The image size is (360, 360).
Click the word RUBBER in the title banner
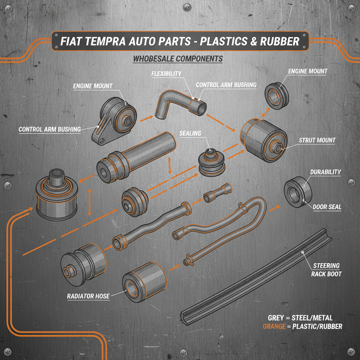pos(279,41)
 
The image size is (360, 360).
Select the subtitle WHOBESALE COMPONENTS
pos(178,58)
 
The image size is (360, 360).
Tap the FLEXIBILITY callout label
pos(166,73)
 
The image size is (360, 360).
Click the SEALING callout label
pos(190,133)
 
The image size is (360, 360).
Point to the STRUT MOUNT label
pos(317,140)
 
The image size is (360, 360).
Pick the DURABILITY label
pos(325,172)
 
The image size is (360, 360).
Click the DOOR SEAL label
pos(327,207)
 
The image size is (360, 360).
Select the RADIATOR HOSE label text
pos(88,296)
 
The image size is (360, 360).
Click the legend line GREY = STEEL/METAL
pos(300,318)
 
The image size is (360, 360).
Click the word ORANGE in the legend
pos(274,327)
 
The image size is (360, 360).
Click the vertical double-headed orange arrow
pos(90,202)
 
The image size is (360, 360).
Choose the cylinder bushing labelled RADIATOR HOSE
pos(144,281)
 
